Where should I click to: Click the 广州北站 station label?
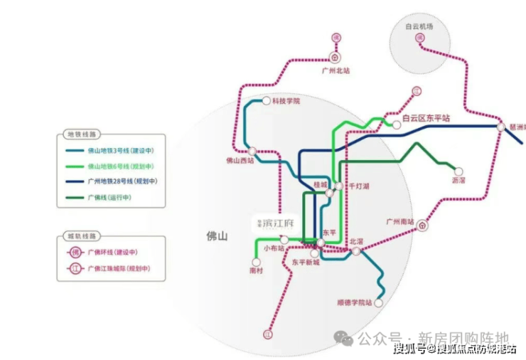pos(336,71)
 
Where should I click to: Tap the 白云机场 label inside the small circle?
pos(419,26)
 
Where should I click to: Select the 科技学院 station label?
pos(286,101)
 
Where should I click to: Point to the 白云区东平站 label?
pos(426,120)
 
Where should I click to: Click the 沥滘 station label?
pos(458,181)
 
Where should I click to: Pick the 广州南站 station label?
pos(399,222)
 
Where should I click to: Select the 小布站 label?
pos(274,248)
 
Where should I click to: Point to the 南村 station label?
pos(257,271)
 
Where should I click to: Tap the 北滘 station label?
pos(356,241)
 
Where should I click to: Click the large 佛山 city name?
pos(216,236)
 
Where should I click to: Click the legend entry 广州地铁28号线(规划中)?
pos(122,181)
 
